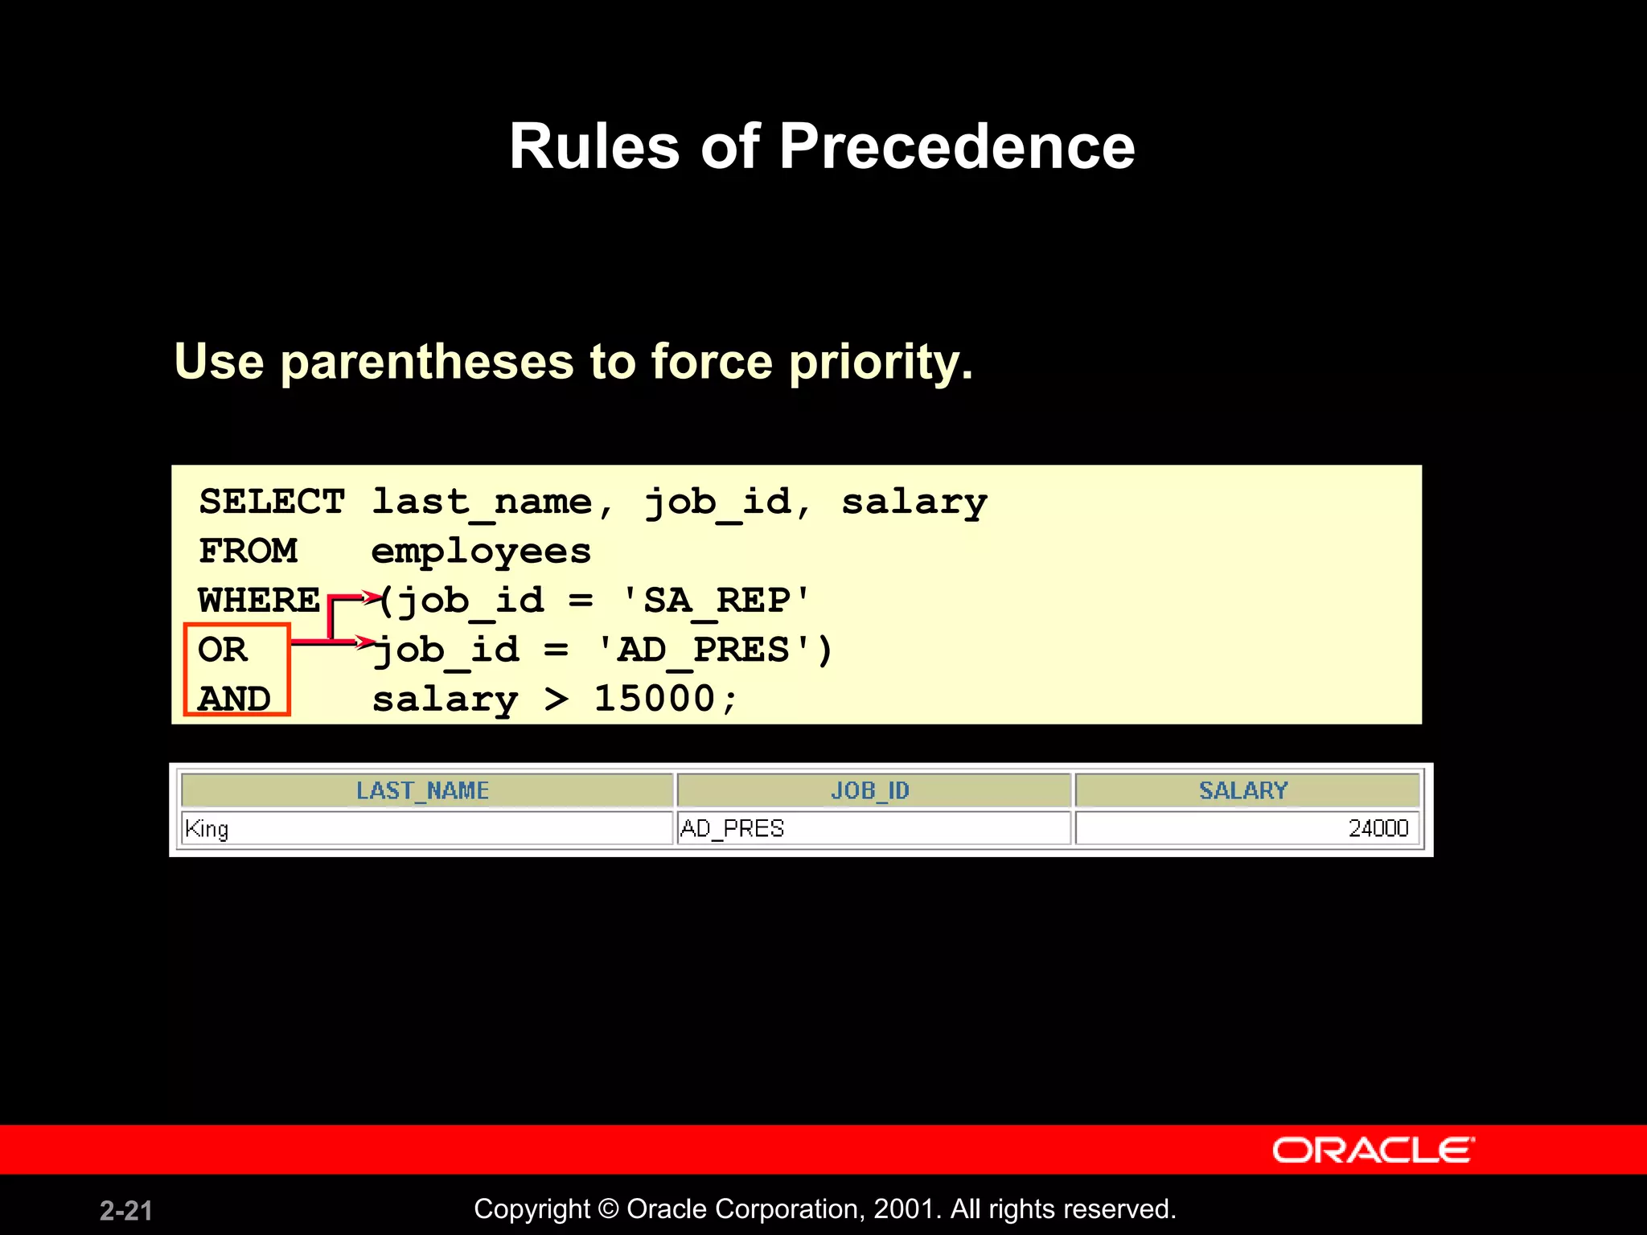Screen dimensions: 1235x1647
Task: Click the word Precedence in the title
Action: pos(956,146)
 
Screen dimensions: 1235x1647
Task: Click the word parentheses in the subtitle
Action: pos(426,362)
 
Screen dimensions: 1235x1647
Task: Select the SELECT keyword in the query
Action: pos(272,502)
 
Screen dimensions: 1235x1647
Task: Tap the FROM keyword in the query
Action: pos(248,552)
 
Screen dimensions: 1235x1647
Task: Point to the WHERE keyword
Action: pos(259,601)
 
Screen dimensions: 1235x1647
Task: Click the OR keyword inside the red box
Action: pos(223,650)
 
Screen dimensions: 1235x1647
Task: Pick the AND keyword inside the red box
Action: pos(234,699)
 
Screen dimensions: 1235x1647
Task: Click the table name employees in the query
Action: pos(481,552)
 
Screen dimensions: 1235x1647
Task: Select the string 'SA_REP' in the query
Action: pos(716,601)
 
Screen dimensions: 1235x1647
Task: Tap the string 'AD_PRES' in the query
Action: pos(703,650)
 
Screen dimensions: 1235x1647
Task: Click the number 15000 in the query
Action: pos(654,698)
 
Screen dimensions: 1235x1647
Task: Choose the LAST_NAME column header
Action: pos(422,790)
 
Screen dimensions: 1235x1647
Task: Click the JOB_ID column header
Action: pos(869,790)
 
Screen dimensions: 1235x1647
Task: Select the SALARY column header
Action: pos(1243,790)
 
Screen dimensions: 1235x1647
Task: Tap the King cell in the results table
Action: pos(207,828)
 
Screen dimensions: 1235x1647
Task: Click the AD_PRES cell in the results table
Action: pos(732,828)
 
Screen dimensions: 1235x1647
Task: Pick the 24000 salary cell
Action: pos(1378,828)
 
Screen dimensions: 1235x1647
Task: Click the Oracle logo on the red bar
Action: pos(1373,1150)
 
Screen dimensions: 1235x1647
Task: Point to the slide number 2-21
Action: pos(125,1210)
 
